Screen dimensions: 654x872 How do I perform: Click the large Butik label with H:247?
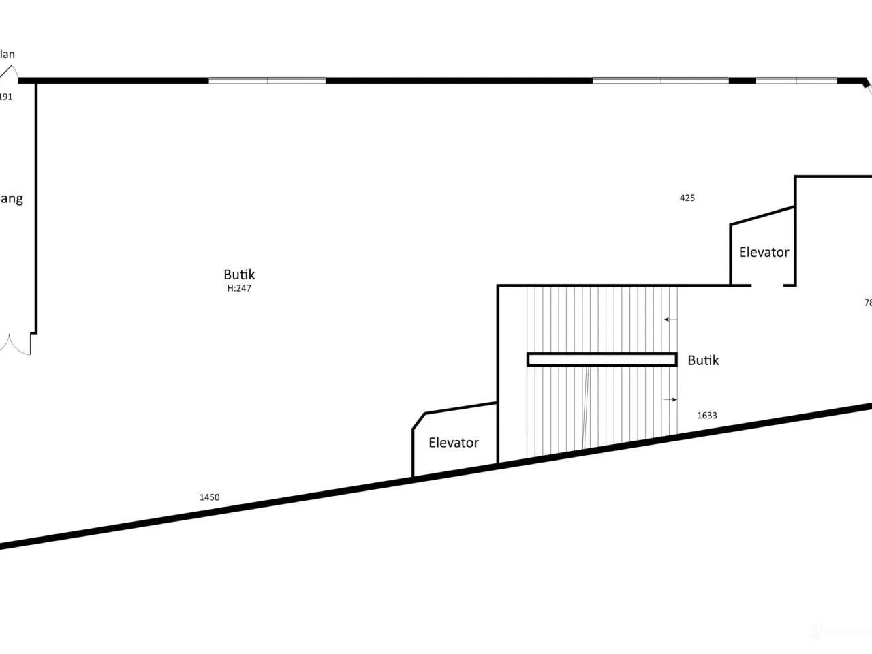coord(239,275)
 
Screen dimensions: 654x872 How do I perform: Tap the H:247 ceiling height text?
coord(239,289)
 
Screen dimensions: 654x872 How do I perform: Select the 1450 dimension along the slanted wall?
coord(209,497)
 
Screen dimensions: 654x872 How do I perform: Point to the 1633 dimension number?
coord(707,415)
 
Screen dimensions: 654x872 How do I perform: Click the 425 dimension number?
coord(687,198)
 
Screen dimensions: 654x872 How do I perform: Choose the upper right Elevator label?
coord(764,252)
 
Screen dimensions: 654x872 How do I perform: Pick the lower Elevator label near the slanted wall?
coord(454,443)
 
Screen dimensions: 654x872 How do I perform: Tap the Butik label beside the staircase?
coord(703,360)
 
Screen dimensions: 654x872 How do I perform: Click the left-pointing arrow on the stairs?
coord(670,319)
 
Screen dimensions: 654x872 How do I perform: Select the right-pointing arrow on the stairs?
coord(671,399)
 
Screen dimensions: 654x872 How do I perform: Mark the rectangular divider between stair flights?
coord(602,359)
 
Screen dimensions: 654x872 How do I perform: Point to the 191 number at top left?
coord(5,97)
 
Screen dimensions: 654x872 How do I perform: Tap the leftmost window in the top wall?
coord(267,80)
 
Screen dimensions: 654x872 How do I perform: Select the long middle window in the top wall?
coord(660,80)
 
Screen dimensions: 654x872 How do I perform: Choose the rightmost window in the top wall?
coord(796,80)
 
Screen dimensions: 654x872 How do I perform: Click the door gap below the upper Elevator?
coord(767,285)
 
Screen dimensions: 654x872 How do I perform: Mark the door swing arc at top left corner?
coord(10,72)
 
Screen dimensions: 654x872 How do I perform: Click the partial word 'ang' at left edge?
coord(11,199)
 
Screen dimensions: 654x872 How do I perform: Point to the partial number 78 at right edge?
coord(867,302)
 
